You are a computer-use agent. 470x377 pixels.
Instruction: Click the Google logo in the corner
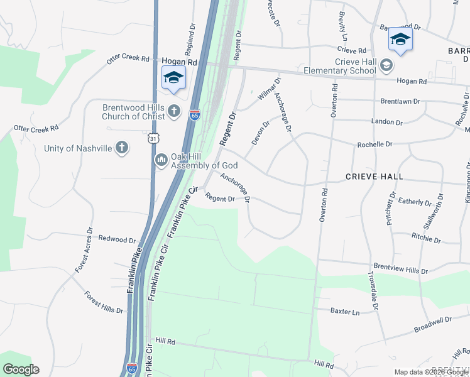[x=21, y=369]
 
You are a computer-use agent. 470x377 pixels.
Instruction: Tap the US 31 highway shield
[x=153, y=137]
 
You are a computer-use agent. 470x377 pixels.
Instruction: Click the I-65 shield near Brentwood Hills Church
[x=195, y=117]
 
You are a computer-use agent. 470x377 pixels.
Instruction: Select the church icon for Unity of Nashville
[x=122, y=148]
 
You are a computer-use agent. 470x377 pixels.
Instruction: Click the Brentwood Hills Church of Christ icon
[x=175, y=112]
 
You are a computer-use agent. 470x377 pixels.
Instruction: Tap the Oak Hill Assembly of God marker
[x=161, y=160]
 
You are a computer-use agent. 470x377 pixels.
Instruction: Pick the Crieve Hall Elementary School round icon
[x=386, y=65]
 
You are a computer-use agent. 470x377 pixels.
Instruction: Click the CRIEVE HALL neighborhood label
[x=374, y=177]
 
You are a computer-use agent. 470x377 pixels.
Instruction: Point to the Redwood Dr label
[x=117, y=240]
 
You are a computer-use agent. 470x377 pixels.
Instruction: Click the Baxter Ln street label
[x=345, y=311]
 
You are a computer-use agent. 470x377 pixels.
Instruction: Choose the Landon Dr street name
[x=386, y=122]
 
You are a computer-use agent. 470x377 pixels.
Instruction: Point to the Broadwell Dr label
[x=433, y=324]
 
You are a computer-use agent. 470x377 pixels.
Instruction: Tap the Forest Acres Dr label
[x=83, y=250]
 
